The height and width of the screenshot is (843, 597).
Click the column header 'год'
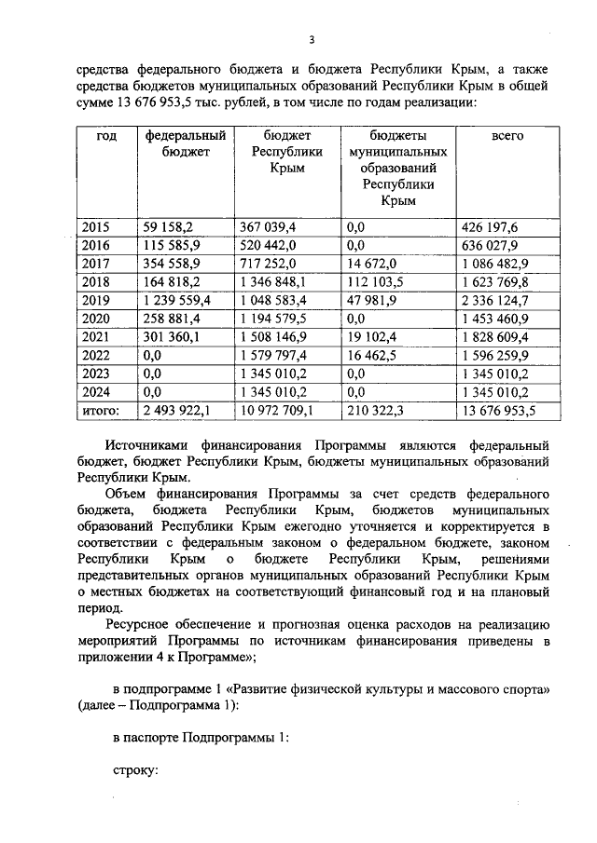(107, 136)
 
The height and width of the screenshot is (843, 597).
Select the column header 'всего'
(507, 136)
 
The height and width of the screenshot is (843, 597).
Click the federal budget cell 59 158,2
(167, 227)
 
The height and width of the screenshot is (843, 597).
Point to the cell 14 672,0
(371, 263)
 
